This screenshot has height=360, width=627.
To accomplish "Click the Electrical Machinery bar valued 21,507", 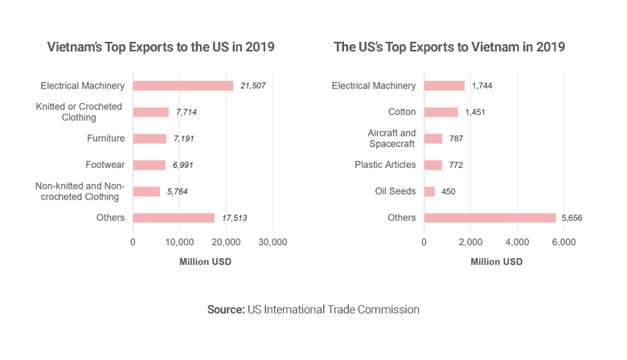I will (x=183, y=85).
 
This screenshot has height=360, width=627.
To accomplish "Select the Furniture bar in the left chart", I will (x=150, y=138).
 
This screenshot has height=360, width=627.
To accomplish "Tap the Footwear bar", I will (x=149, y=165).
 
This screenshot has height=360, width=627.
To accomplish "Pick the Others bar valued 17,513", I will (x=174, y=218).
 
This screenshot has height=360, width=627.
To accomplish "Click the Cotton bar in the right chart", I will (x=441, y=112).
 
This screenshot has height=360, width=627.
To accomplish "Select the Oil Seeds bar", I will (x=429, y=191).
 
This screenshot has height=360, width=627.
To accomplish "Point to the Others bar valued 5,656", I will (x=490, y=218).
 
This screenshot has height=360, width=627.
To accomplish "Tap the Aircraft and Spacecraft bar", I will (x=432, y=138).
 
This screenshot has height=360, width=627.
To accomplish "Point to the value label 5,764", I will (x=178, y=191).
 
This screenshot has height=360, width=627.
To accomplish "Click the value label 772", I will (x=456, y=165).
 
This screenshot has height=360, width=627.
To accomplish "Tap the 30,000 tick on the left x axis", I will (x=273, y=242).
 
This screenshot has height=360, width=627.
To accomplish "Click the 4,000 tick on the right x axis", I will (x=517, y=242).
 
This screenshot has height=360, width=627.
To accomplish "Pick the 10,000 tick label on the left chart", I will (x=179, y=242).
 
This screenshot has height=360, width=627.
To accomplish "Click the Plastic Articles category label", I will (x=385, y=165).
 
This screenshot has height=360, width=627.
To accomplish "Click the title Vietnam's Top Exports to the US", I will (x=161, y=47).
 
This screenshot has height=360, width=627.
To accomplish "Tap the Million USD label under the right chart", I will (x=496, y=262).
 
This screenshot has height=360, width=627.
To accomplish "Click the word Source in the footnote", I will (x=225, y=309).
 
